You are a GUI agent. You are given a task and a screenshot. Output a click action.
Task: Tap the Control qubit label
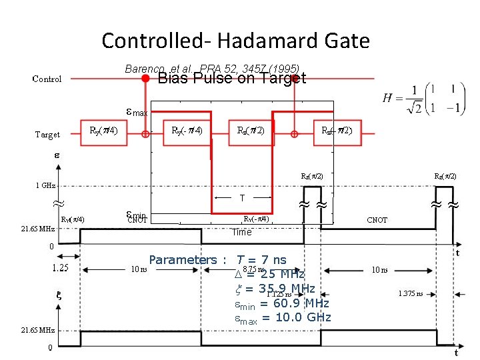pos(47,79)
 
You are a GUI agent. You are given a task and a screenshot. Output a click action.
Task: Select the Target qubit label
pos(47,135)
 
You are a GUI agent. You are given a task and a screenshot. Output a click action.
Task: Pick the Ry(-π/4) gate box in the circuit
pos(187,130)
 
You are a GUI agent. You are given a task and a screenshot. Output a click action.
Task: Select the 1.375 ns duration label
pos(410,293)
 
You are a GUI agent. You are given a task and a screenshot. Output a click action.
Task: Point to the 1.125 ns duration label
pos(279,293)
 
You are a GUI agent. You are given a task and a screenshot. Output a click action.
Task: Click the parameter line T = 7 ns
pos(261,259)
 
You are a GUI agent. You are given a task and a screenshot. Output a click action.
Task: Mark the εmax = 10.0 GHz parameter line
pos(283,317)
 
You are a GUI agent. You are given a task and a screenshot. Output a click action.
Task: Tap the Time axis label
pos(241,232)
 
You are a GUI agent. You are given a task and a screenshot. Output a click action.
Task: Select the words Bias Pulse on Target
pos(231,79)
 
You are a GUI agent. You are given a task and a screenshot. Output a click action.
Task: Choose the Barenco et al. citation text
pos(212,69)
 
